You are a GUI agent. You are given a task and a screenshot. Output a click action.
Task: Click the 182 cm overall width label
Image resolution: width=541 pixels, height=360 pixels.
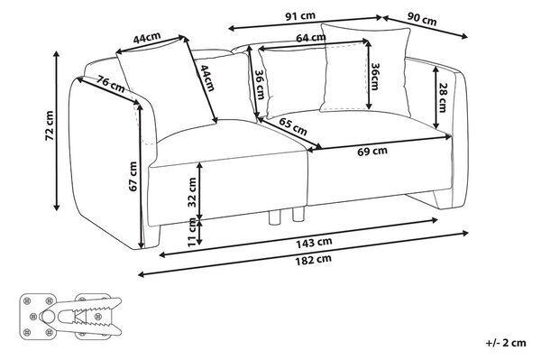click(x=313, y=260)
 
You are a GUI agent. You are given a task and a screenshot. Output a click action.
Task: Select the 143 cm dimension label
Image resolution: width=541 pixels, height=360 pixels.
click(x=314, y=243)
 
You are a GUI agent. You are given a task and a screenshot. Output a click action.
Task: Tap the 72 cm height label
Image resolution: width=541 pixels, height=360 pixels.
click(x=50, y=125)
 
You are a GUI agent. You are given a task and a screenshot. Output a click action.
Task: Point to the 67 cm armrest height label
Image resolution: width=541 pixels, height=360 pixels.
click(x=133, y=176)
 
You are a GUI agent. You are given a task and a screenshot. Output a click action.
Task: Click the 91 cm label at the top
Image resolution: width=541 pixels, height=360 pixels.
click(x=300, y=16)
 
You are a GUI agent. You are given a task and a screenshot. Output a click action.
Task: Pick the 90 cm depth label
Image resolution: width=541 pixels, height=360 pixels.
click(x=422, y=19)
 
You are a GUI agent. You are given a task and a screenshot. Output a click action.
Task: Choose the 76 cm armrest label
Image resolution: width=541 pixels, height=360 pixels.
click(x=110, y=84)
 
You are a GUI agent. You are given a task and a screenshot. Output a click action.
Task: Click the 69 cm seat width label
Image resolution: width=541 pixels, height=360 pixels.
click(x=371, y=152)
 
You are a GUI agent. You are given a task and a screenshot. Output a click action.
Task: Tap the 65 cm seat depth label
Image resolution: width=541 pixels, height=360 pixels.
click(x=292, y=126)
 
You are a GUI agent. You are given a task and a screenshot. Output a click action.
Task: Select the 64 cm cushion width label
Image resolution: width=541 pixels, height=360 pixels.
click(x=310, y=37)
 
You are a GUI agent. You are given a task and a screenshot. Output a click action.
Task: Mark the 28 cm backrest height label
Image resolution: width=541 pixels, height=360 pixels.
click(x=443, y=97)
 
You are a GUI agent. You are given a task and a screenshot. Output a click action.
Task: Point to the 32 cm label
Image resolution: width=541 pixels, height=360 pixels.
click(x=192, y=192)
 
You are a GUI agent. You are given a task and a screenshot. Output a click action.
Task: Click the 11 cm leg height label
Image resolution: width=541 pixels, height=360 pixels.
click(x=192, y=232)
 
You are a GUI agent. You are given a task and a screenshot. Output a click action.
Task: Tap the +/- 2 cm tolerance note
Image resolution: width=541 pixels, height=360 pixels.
click(x=506, y=343)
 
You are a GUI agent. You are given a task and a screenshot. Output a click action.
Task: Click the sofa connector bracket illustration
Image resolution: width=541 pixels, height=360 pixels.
click(x=70, y=317)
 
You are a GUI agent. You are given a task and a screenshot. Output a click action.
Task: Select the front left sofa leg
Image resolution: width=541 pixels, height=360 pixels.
click(x=153, y=236)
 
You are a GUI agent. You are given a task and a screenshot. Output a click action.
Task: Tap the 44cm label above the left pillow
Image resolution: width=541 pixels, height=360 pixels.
click(x=147, y=37)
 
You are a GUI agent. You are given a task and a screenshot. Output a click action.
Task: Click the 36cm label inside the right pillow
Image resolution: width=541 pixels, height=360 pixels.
click(x=374, y=77)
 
